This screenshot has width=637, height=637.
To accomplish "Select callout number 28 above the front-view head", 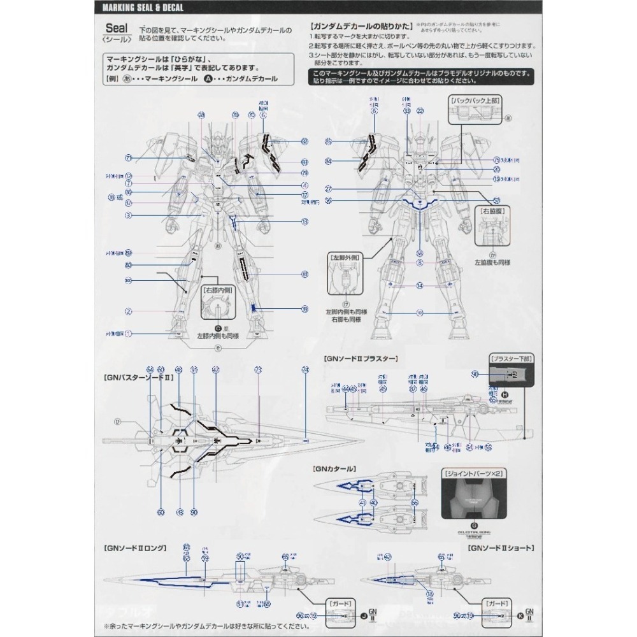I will (x=202, y=115).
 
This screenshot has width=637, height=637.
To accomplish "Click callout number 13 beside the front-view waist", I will (x=305, y=221).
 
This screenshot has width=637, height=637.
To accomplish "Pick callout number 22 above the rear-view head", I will (x=420, y=111).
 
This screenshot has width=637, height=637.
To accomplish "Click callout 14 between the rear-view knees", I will (x=420, y=286).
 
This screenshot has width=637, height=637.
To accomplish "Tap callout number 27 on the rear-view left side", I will (x=329, y=189).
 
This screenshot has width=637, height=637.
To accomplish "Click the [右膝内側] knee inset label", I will (x=218, y=289).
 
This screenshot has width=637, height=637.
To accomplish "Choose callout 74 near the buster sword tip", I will (x=305, y=369).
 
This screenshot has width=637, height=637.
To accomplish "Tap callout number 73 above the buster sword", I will (x=258, y=369).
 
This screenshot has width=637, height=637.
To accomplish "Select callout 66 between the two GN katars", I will (x=415, y=503).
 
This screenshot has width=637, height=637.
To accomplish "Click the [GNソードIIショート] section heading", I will (x=501, y=548).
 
